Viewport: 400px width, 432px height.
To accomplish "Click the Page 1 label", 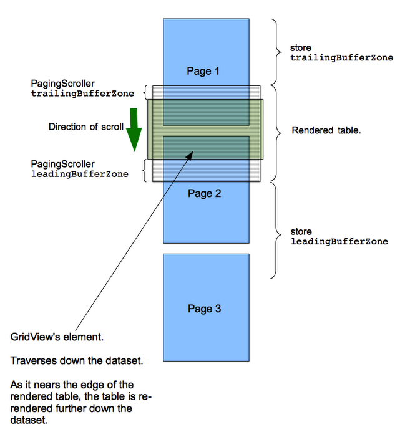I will tap(203, 71).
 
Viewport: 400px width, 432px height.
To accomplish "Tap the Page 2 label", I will tap(205, 193).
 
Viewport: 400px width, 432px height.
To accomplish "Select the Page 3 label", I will tap(204, 309).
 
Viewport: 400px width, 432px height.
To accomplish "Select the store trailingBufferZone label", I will tap(341, 52).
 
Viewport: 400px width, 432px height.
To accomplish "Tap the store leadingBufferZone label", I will tap(339, 236).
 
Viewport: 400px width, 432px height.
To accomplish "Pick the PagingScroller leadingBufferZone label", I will tap(79, 169).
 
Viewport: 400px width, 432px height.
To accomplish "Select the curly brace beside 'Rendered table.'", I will tap(279, 131).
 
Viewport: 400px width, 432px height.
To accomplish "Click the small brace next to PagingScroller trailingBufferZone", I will tap(146, 92).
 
